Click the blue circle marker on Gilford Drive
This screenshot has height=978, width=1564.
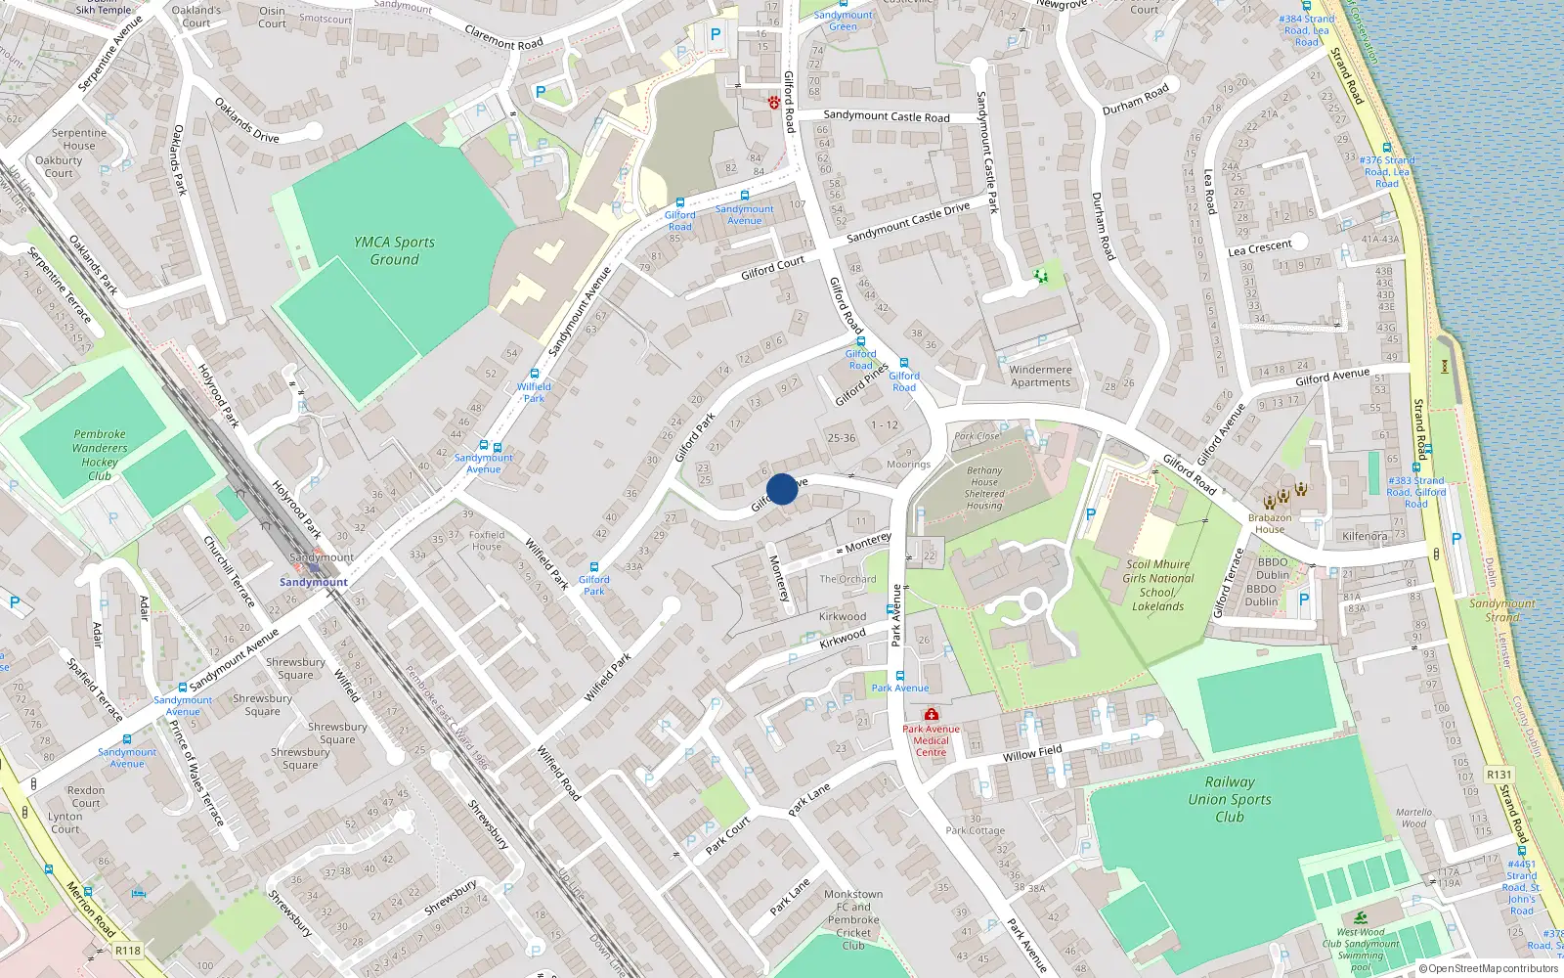pos(781,489)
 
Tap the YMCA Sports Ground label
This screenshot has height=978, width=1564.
pos(394,250)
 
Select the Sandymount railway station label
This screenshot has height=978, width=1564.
pos(314,582)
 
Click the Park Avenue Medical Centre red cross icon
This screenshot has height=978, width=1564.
pos(931,715)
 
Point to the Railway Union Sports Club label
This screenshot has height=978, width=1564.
pos(1229,799)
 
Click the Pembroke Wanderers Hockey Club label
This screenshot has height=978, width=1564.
pos(99,455)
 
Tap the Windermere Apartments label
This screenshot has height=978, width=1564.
pos(1040,376)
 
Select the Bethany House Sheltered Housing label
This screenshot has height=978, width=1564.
pos(983,487)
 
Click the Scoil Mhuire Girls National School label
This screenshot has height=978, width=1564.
pos(1157,585)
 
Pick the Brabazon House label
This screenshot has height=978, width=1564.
pos(1269,523)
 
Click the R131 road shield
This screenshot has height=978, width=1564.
pos(1499,775)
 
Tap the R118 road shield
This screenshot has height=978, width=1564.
pos(128,950)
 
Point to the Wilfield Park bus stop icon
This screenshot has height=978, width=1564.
pos(534,374)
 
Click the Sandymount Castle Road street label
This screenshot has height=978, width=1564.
pos(886,116)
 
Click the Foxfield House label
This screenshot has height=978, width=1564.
pos(486,541)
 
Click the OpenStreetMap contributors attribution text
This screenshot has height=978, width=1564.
pos(1489,969)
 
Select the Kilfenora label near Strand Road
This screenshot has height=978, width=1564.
pos(1365,536)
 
